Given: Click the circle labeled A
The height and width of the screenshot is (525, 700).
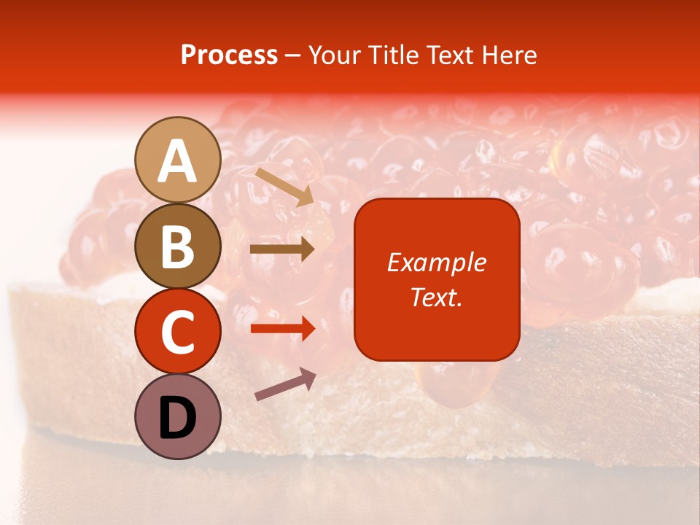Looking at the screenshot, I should pos(178,160).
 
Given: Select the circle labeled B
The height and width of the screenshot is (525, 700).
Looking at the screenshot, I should pos(178,246).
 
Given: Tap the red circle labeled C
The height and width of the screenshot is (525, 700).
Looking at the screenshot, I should pos(178,331).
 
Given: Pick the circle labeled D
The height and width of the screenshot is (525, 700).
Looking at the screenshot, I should pos(178,416).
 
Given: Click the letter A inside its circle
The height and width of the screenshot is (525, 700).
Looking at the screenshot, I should pos(178,161).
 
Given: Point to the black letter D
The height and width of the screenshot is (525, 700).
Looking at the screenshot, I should pos(178,418).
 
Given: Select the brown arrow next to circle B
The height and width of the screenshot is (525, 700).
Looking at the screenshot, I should pos(282,249).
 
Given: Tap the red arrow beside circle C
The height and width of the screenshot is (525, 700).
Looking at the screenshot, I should pos(282,328).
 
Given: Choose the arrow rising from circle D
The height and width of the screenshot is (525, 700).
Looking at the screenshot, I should pos(285,385).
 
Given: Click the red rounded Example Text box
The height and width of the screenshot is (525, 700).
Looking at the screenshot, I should pos(437,279).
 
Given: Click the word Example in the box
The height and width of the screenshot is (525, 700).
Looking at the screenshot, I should pos(437,262).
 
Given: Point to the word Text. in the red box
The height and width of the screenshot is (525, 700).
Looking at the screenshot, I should pos(437,297).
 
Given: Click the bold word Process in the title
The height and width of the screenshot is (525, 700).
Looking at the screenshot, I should pos(229,55).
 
